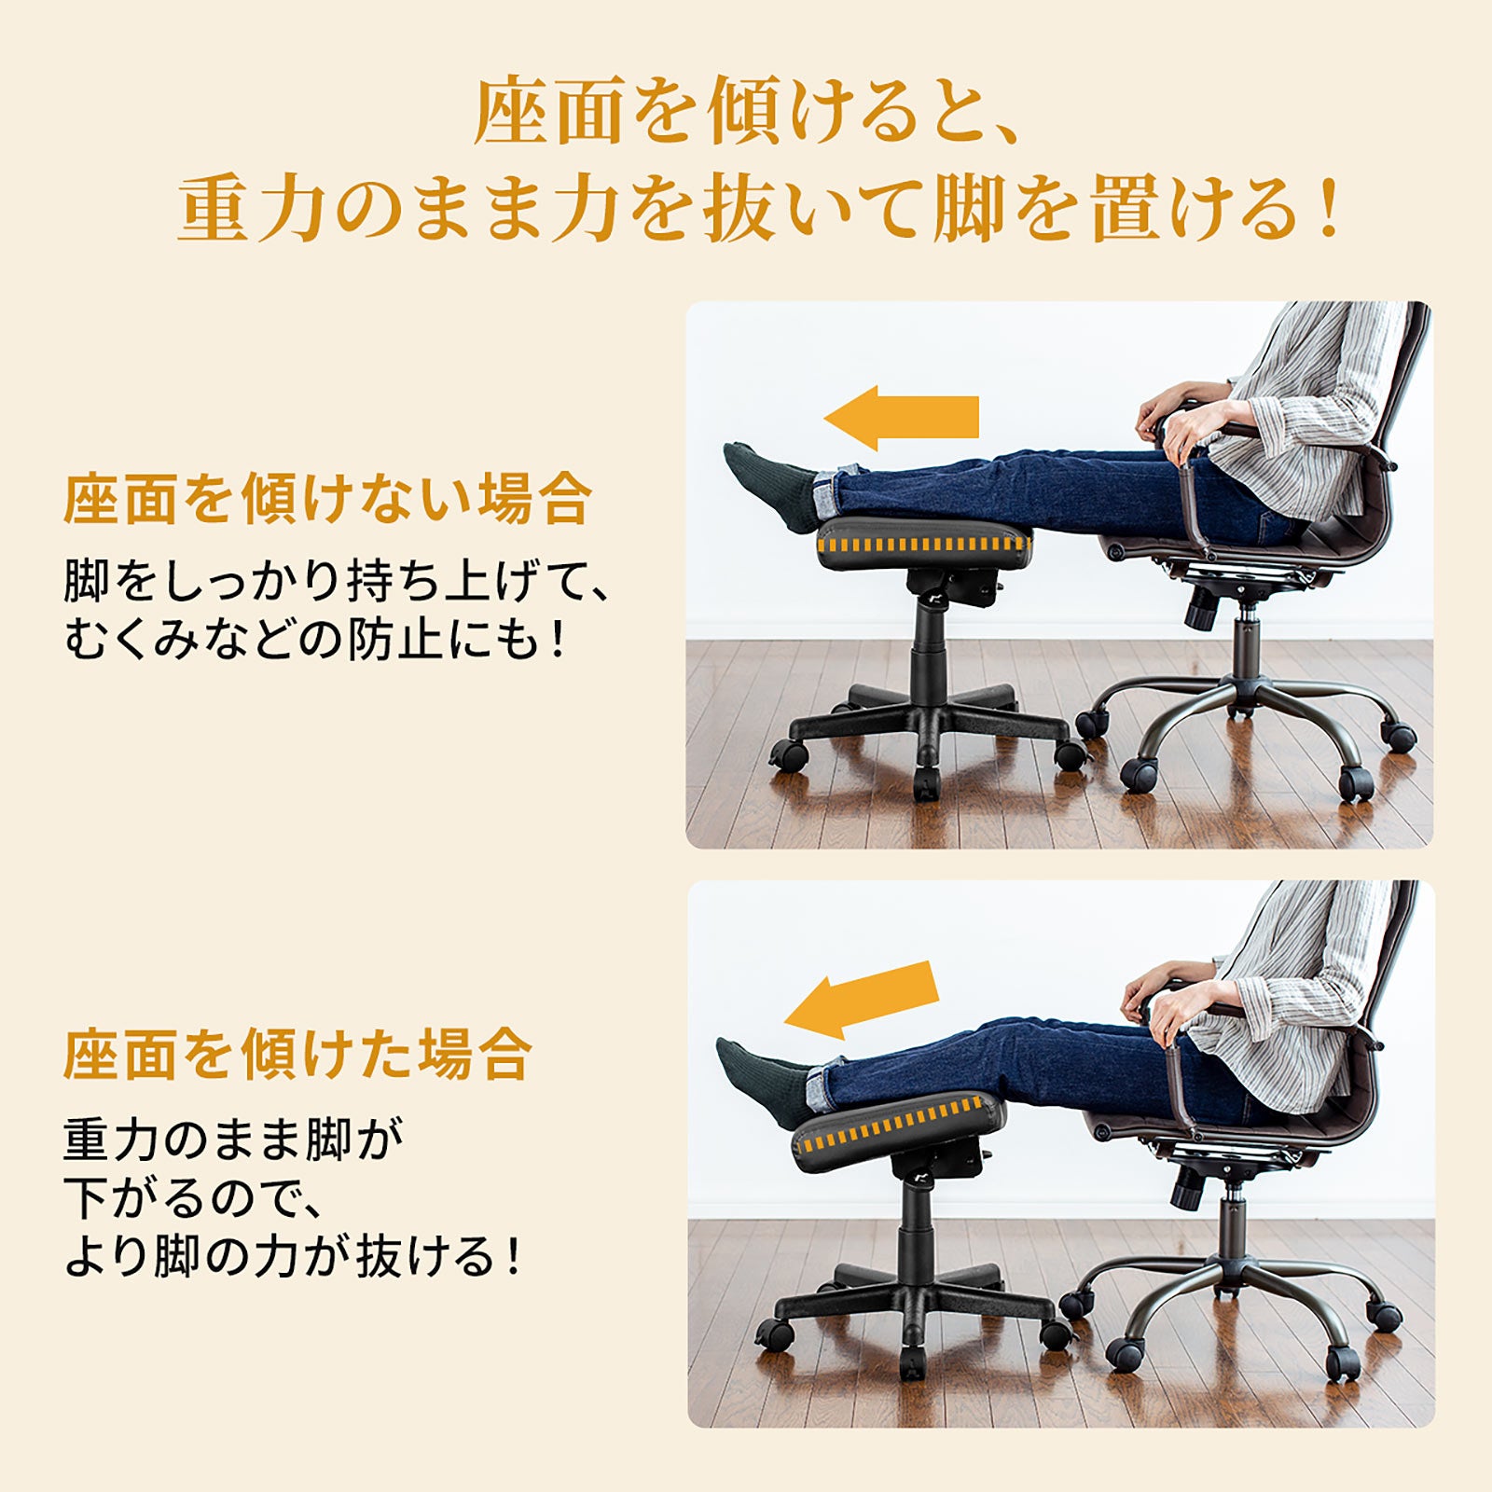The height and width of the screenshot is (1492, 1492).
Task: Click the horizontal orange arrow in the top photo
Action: [901, 418]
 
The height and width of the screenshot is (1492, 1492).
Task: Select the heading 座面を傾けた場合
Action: [297, 1055]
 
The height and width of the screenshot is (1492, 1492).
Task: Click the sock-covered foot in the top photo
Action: [770, 486]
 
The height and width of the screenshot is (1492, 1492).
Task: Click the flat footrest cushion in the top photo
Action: [924, 543]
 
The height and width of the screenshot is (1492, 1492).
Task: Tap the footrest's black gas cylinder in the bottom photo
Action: [917, 1228]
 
